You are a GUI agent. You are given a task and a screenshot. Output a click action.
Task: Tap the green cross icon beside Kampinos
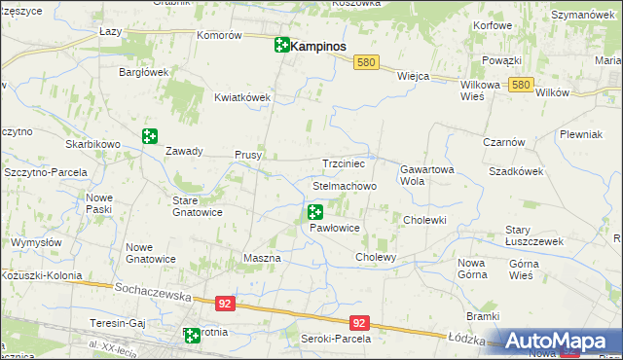281,45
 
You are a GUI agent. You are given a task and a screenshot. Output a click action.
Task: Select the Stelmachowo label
344,185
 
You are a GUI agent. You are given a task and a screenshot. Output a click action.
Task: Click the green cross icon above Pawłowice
314,211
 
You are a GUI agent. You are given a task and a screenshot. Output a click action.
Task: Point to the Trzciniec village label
343,163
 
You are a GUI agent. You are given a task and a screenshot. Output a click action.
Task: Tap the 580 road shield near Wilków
521,86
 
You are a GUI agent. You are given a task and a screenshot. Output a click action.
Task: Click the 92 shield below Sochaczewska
226,304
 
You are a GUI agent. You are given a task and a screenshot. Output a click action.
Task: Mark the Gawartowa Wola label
426,174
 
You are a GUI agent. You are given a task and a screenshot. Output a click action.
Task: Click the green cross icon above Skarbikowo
149,137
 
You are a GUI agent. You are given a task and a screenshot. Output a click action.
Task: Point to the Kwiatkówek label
241,97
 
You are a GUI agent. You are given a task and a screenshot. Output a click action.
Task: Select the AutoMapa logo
559,341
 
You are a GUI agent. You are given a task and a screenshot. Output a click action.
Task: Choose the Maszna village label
261,258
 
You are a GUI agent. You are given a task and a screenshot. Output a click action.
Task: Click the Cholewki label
424,220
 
